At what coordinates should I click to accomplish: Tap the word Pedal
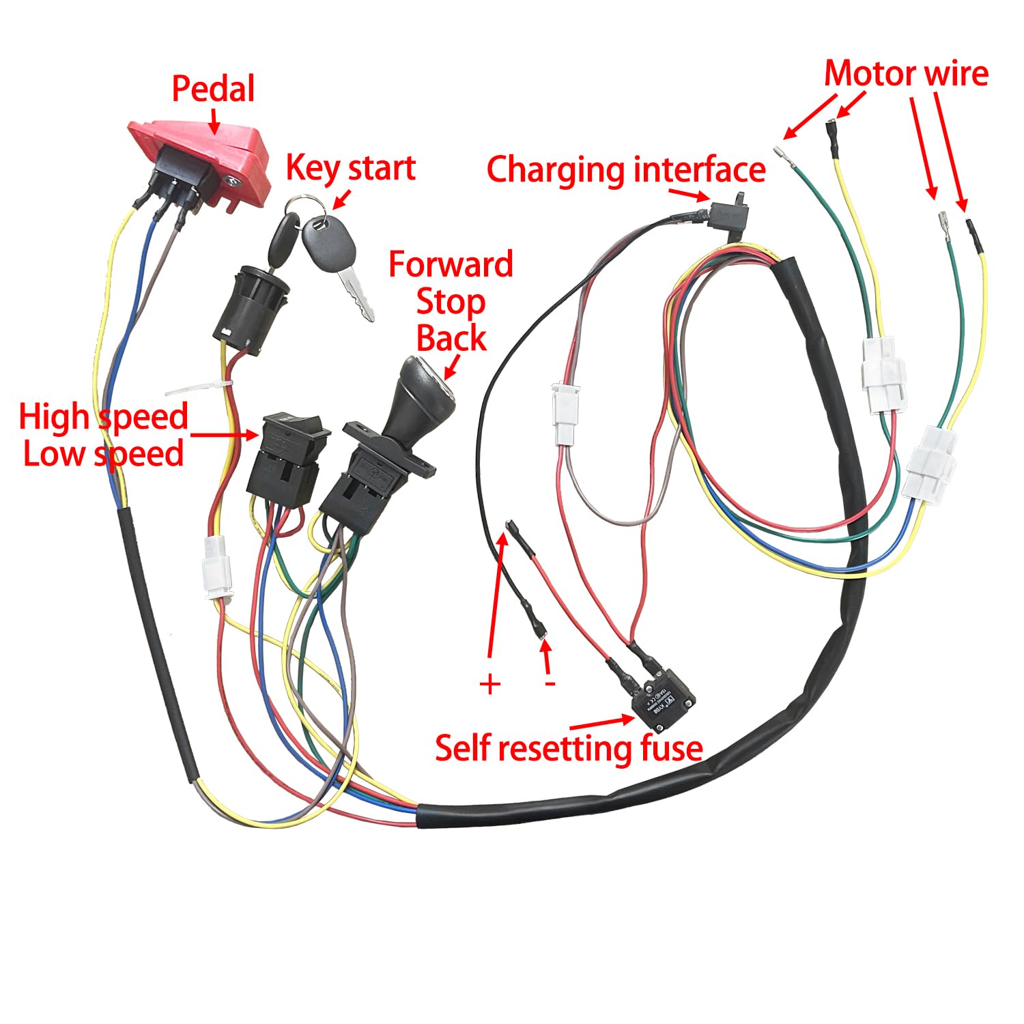point(213,89)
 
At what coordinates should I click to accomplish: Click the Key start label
point(350,168)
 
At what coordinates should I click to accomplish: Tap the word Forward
point(451,265)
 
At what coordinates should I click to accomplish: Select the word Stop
point(451,302)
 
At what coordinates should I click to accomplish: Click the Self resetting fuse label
point(569,748)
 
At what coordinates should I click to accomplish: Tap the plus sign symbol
point(490,684)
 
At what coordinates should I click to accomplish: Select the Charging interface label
point(626,169)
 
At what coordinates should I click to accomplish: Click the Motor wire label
point(906,74)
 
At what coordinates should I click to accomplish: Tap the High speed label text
point(103,416)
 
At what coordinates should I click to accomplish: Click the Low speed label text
point(103,454)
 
